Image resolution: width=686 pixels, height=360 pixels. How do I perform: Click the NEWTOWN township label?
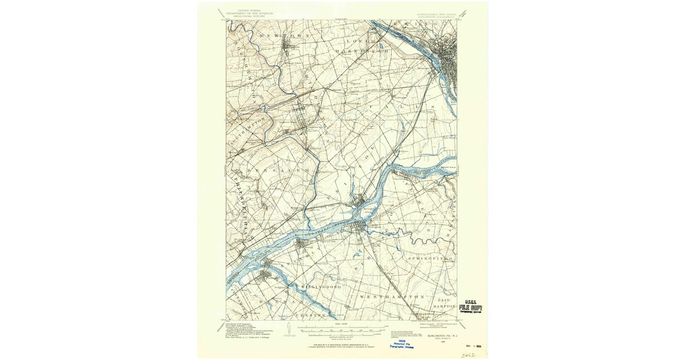[x=284, y=36]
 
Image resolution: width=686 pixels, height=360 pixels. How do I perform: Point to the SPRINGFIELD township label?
[x=430, y=258]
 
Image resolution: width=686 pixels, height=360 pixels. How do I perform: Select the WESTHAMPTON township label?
[x=392, y=297]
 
